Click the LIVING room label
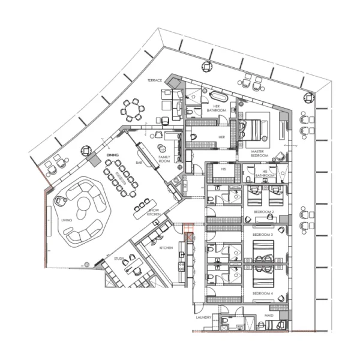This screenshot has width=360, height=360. point(67,220)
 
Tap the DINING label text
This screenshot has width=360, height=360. point(113,155)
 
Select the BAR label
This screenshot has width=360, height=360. point(139,163)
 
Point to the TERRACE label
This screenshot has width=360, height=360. point(156,79)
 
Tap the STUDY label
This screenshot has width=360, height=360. point(119,259)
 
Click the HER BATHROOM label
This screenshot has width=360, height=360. point(216,109)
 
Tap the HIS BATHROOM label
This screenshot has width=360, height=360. point(265,174)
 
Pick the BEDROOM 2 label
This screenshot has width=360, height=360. point(263,212)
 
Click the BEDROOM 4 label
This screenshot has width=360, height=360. point(262,293)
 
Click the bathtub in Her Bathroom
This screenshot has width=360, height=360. point(217,96)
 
